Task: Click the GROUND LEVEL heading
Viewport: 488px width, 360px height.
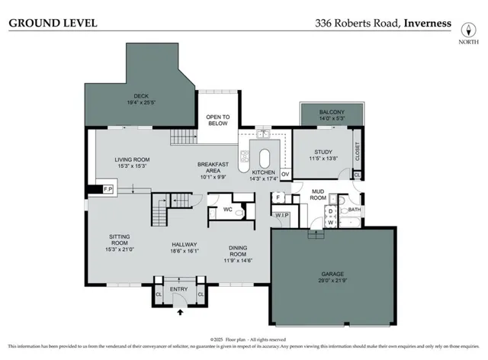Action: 53,23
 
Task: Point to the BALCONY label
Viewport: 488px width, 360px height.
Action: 332,113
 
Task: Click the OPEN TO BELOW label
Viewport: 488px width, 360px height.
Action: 217,119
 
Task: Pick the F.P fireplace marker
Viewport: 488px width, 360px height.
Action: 108,188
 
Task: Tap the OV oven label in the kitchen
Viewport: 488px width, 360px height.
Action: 285,175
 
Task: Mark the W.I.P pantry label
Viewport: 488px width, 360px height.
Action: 282,215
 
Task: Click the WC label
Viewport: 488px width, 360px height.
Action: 227,208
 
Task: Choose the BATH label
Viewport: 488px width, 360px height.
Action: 355,209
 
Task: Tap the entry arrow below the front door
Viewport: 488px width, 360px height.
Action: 181,311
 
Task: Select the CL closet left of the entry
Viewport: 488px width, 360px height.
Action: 159,294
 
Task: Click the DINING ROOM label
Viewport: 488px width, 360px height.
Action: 244,252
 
